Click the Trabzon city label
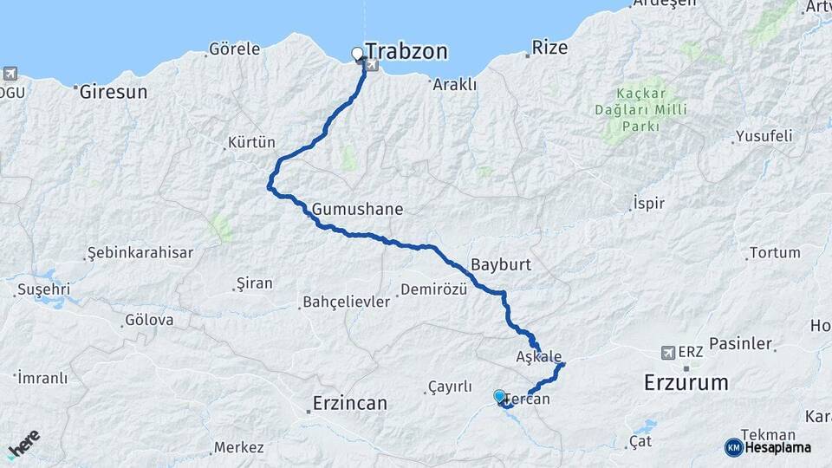[x=406, y=51]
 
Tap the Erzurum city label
[x=686, y=382]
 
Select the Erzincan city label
[x=349, y=403]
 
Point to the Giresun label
[x=114, y=91]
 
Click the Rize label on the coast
[x=549, y=48]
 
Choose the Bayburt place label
[x=500, y=263]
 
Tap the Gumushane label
[x=358, y=209]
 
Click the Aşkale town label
[x=539, y=356]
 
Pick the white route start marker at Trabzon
[x=357, y=55]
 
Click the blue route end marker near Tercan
[x=499, y=396]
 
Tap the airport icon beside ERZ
[x=667, y=353]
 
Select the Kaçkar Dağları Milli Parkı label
[x=641, y=109]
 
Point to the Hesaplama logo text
[x=777, y=447]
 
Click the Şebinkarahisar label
[x=140, y=253]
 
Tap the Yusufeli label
[x=764, y=136]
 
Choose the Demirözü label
[x=434, y=289]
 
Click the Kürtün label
[x=250, y=142]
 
